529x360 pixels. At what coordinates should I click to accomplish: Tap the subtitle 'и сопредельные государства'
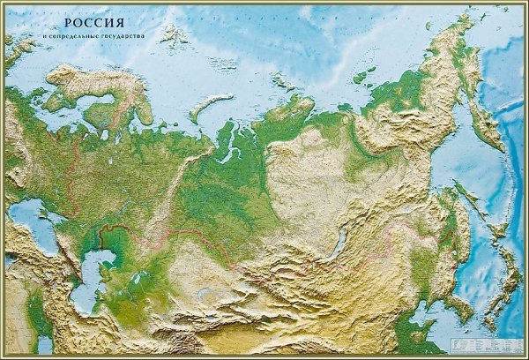94,37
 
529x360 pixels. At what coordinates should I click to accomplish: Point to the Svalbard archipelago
173,34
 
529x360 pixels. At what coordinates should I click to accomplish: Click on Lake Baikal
337,245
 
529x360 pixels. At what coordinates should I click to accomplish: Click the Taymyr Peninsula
291,110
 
